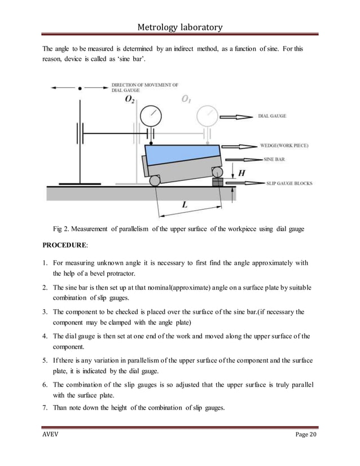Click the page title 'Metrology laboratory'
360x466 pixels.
pos(179,26)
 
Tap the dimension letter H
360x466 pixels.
pos(241,173)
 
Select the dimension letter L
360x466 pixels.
pos(185,206)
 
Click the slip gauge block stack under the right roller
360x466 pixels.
pos(217,183)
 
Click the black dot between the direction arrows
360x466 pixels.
pos(80,88)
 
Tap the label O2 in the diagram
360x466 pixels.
pos(130,99)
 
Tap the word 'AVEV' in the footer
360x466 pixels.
pos(52,437)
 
